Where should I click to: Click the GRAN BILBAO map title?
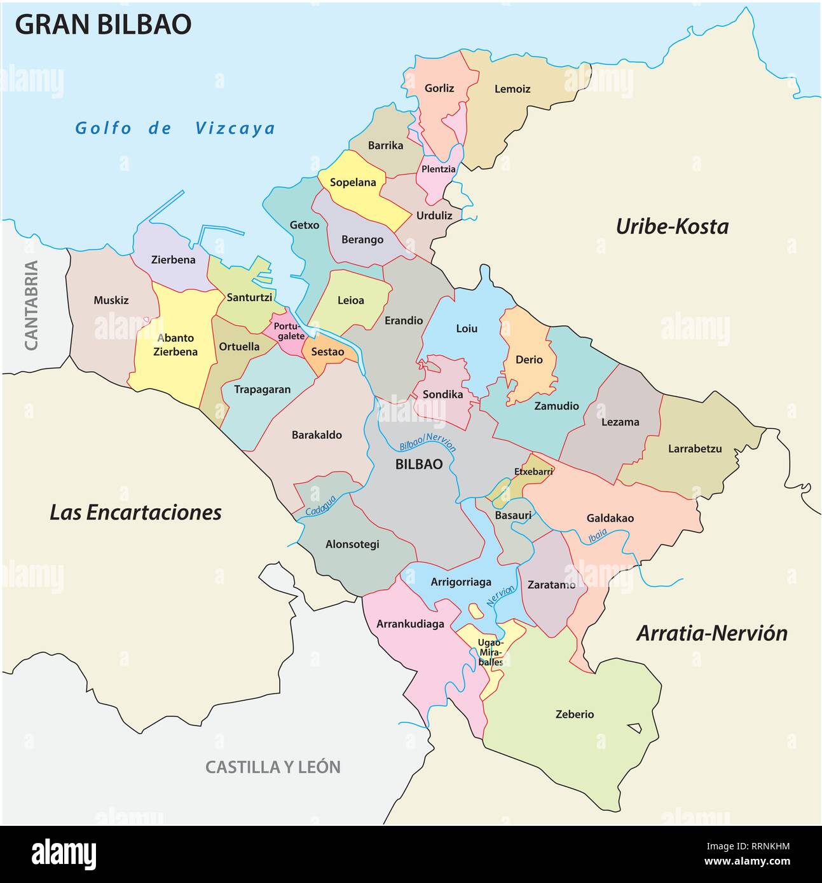point(103,24)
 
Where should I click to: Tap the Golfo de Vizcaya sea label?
point(175,128)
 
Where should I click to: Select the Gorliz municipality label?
point(439,88)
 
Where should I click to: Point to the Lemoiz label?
point(512,89)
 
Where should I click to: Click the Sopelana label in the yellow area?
point(353,182)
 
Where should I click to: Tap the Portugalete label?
point(289,331)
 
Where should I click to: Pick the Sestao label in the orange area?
point(327,352)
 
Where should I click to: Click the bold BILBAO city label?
point(419,464)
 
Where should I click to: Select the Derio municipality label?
point(529,360)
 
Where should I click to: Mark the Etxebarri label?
point(533,471)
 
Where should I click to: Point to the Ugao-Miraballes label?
point(490,652)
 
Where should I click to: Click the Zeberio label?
point(575,714)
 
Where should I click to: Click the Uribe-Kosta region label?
point(672,227)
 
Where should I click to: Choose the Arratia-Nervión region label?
point(711,633)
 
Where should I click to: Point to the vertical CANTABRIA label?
point(31,305)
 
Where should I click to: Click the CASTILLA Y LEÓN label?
point(273,767)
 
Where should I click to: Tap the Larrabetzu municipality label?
point(695,448)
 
